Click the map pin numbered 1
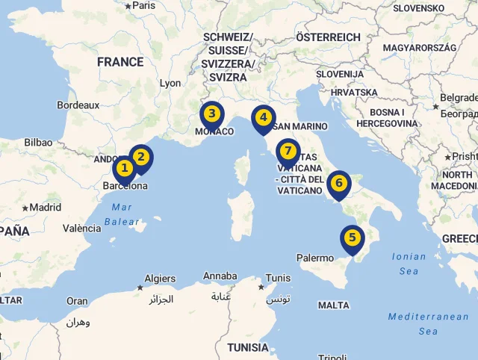click(124, 168)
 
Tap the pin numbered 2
click(140, 157)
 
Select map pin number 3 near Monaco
click(212, 114)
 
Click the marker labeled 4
click(263, 117)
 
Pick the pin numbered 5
click(352, 238)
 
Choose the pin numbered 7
click(288, 151)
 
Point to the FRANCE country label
click(119, 62)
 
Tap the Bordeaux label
click(78, 105)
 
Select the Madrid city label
click(46, 208)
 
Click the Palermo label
click(315, 258)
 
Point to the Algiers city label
click(160, 279)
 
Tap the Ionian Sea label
click(409, 264)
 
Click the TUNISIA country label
click(248, 347)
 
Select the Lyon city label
click(170, 83)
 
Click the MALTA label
click(333, 305)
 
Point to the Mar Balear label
click(121, 214)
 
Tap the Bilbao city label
click(38, 142)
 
